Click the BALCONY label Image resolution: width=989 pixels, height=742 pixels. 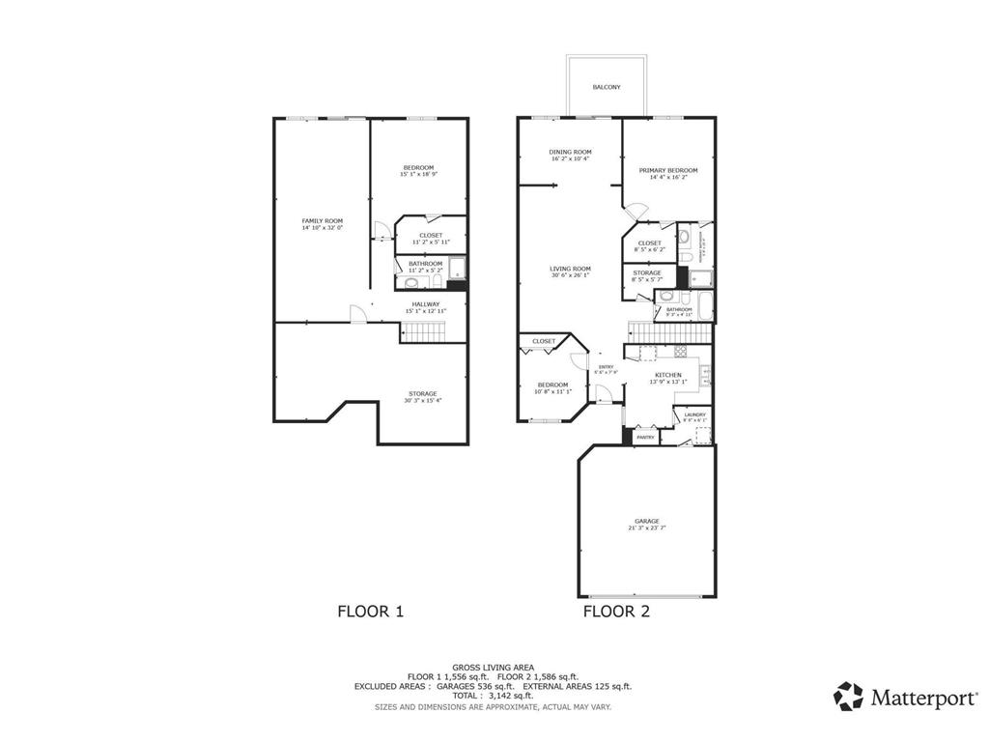607,87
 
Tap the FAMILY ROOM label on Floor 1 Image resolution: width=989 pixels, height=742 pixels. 322,221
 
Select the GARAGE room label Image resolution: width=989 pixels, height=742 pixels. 647,521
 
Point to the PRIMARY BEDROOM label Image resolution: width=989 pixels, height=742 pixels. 667,170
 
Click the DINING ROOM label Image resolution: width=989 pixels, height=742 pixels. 570,152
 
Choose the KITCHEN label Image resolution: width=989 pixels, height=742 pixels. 668,375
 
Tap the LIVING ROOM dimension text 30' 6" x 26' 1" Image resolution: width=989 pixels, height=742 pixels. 570,276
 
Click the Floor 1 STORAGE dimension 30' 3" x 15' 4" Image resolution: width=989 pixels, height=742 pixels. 422,401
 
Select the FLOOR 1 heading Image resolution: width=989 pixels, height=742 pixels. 370,611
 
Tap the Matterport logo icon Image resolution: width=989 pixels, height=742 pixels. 849,696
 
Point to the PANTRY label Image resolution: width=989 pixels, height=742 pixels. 645,438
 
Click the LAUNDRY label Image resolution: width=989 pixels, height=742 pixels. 694,414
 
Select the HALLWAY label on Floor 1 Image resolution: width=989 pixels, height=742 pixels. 426,304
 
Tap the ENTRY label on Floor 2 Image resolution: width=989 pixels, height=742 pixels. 607,367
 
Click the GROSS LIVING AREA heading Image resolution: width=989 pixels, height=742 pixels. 493,667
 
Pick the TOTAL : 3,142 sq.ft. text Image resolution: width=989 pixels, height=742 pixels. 493,696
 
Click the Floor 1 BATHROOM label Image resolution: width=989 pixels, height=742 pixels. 425,263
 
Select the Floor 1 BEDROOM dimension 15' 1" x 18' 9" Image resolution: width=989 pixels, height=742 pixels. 418,175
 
